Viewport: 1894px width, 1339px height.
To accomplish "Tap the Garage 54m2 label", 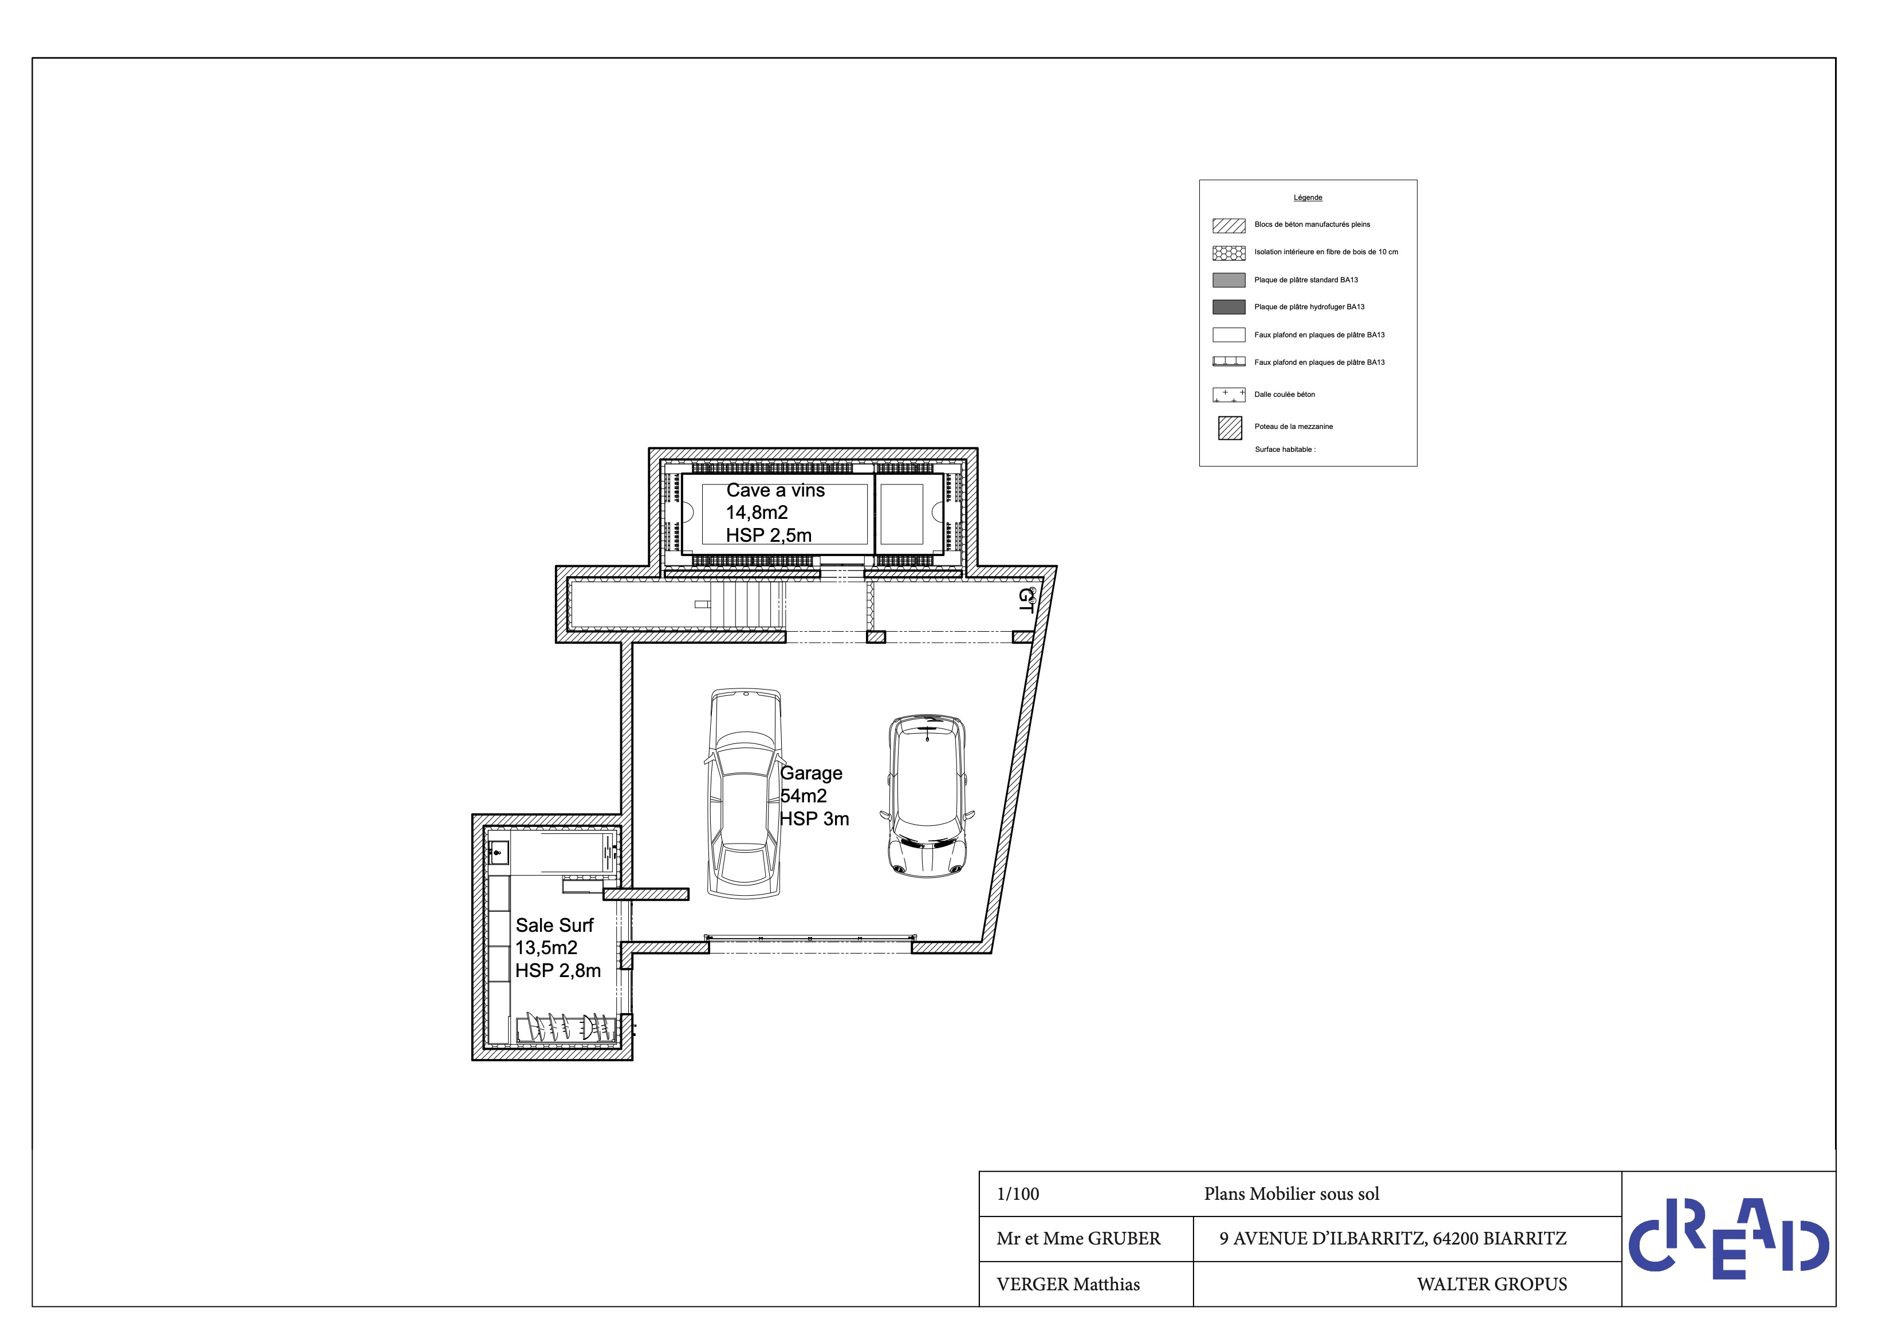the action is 814,796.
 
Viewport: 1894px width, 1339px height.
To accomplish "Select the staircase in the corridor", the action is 746,605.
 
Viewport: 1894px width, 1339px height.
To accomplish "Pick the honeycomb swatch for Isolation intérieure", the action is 1228,253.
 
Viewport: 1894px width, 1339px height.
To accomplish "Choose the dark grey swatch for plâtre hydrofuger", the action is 1228,307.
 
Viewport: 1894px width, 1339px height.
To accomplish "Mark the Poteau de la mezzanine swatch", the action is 1230,428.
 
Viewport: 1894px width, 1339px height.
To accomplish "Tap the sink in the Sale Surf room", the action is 498,852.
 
